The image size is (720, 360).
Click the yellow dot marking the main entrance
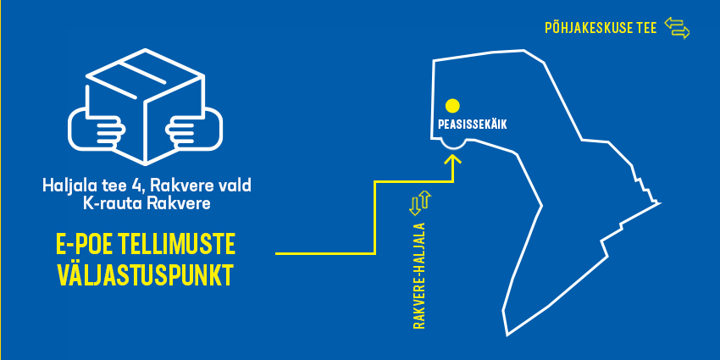click(x=452, y=106)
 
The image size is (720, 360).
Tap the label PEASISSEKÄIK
click(x=473, y=124)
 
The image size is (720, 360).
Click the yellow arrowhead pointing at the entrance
click(x=454, y=159)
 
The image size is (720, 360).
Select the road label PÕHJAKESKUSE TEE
click(x=601, y=29)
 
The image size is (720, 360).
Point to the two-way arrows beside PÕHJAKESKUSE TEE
click(x=677, y=28)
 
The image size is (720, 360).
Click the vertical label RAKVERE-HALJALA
click(x=418, y=275)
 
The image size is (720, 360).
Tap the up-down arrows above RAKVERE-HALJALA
click(x=420, y=202)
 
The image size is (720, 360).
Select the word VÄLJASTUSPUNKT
click(x=145, y=275)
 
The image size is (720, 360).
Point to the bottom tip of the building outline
click(x=507, y=335)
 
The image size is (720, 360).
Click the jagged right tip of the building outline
click(x=657, y=202)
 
